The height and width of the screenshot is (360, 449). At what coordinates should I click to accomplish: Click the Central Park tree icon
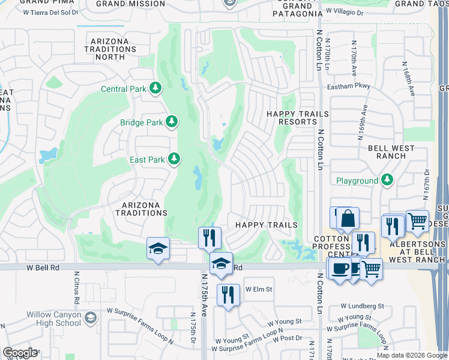coord(156,89)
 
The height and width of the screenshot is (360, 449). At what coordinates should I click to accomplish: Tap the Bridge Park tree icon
coord(172,122)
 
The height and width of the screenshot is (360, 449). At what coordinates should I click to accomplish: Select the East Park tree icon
coord(174,159)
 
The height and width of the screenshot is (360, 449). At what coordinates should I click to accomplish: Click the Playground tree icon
coord(387,179)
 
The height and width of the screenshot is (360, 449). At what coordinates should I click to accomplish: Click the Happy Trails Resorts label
coord(298,118)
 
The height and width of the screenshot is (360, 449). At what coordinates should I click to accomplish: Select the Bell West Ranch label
coord(391,152)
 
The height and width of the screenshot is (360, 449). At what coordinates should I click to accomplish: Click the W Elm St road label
coord(259,289)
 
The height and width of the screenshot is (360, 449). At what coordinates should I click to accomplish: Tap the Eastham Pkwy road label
coord(349,87)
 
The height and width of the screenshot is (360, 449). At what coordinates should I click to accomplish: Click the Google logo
coord(20,353)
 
